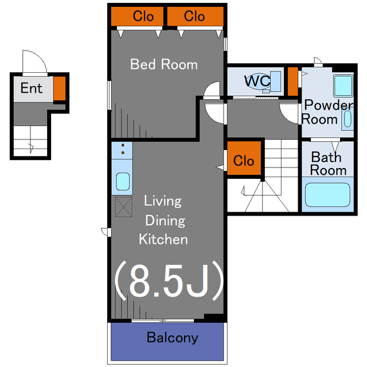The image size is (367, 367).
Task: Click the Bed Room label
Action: (x=164, y=64)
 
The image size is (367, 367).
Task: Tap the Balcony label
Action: (x=173, y=338)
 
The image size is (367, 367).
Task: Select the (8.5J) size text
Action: (x=169, y=282)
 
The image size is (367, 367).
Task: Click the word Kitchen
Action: (x=163, y=239)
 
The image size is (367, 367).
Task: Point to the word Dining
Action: (x=165, y=221)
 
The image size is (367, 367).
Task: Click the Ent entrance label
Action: (x=32, y=88)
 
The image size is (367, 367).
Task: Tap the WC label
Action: (x=257, y=81)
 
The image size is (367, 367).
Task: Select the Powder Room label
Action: (x=327, y=112)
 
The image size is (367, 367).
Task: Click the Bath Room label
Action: (x=328, y=163)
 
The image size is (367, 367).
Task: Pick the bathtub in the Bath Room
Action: (x=327, y=195)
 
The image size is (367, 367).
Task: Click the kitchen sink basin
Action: (x=123, y=181)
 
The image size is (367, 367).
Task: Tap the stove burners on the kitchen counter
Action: (x=123, y=149)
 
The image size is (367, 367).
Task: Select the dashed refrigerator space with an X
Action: (x=124, y=206)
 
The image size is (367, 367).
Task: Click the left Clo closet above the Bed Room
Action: (x=137, y=16)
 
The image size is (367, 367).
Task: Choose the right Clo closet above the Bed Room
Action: (x=195, y=16)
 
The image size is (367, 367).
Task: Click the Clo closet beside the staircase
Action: (x=244, y=158)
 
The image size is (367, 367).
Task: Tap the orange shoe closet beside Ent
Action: (x=60, y=88)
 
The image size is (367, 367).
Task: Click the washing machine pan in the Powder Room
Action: (x=343, y=85)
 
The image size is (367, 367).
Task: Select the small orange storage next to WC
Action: (x=292, y=81)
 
